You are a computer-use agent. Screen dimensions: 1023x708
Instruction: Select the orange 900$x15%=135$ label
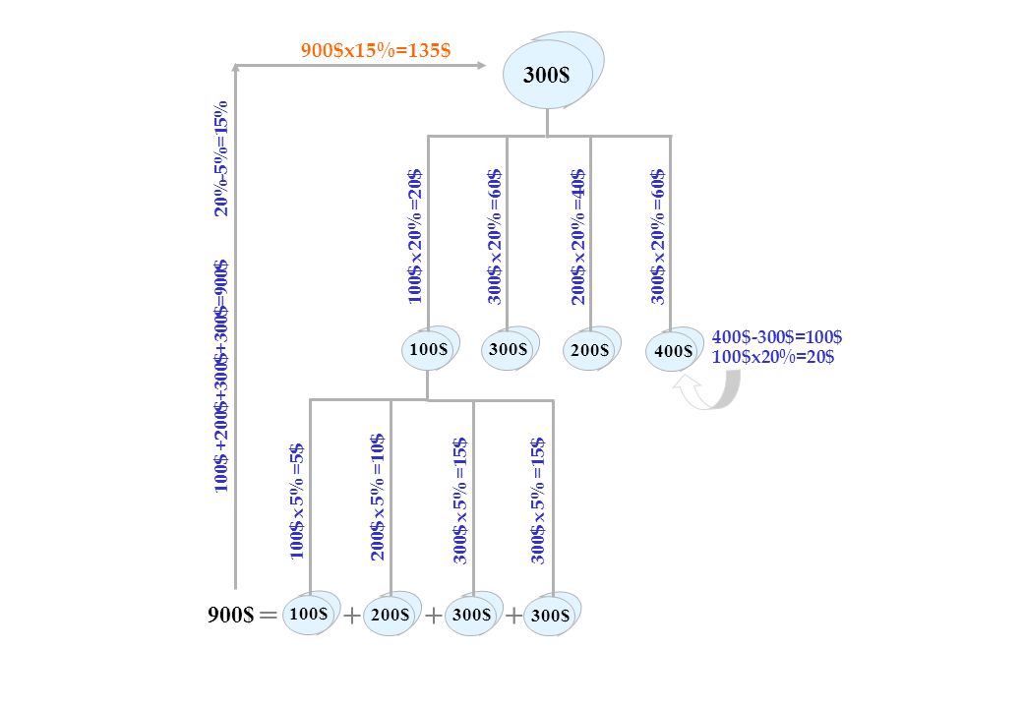point(376,50)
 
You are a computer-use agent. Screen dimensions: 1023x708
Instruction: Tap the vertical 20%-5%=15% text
point(222,158)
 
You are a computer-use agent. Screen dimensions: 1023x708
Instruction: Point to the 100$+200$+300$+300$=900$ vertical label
point(222,377)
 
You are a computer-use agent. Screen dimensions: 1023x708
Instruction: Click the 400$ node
point(674,349)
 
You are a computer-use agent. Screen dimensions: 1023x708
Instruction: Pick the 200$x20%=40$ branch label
point(578,237)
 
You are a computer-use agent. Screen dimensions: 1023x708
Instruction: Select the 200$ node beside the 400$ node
point(591,349)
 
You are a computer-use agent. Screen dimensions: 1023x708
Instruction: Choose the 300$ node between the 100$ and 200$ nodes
point(510,348)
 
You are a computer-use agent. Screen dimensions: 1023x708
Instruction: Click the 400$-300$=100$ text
point(777,337)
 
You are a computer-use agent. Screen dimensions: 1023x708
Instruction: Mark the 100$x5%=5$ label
point(297,501)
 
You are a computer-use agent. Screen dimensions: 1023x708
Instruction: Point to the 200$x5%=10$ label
point(378,498)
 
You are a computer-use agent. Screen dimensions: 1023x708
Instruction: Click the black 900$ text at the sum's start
point(230,615)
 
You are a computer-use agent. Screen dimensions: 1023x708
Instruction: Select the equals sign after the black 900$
point(269,615)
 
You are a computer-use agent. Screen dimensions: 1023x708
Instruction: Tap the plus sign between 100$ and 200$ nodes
point(352,616)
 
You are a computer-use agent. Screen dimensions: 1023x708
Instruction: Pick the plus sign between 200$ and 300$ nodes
point(433,616)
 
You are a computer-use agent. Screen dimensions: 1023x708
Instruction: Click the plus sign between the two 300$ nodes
point(513,616)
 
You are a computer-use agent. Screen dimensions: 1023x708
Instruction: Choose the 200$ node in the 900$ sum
point(390,615)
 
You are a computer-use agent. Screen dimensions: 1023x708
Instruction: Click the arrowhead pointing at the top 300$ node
point(481,65)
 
